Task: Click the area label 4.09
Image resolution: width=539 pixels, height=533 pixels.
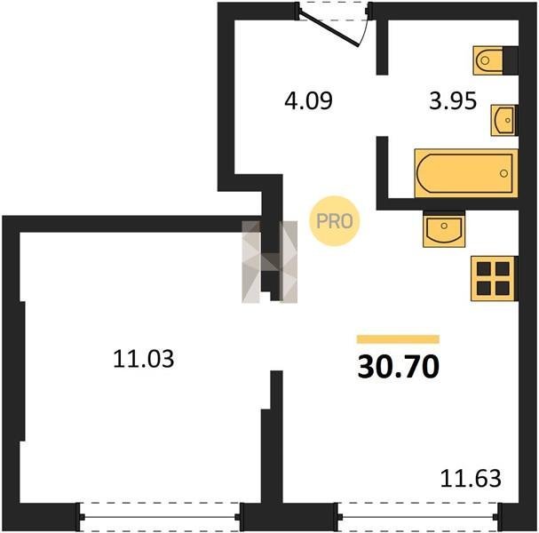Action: [308, 100]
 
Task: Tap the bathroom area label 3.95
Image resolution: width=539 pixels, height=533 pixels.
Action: [453, 100]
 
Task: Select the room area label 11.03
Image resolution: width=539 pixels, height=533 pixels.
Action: [143, 359]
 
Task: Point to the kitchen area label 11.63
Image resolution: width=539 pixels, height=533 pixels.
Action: [471, 478]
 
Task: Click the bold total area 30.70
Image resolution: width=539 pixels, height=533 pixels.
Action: [399, 367]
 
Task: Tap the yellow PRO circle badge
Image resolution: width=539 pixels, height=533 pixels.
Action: [334, 221]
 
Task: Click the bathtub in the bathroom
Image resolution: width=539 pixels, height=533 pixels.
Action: [466, 173]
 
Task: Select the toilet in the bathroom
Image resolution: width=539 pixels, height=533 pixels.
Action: [488, 60]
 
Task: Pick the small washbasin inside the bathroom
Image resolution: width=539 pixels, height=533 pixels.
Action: [504, 120]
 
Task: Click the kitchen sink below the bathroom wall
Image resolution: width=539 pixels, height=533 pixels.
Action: [444, 228]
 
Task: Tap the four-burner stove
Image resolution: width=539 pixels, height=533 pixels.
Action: [494, 279]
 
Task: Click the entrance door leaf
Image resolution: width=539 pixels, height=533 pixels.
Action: [329, 29]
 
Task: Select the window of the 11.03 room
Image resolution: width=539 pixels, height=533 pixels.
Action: [160, 516]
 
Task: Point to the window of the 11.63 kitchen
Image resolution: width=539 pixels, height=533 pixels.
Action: [417, 516]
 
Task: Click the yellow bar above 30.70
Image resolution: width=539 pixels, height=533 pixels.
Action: [398, 339]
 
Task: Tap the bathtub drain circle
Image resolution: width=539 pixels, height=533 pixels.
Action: [504, 173]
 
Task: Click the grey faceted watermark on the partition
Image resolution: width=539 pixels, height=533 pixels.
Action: [270, 262]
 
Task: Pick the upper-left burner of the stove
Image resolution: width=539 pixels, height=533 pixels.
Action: [484, 268]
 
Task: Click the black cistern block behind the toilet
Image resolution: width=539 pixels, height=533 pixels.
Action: [511, 60]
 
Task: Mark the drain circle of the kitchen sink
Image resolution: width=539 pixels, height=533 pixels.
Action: [444, 226]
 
